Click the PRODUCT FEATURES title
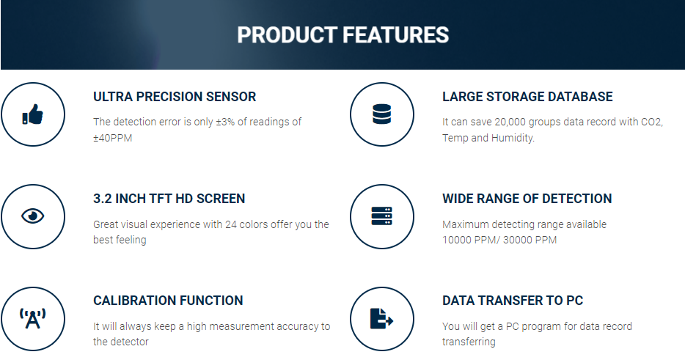[343, 35]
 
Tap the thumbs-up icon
[33, 114]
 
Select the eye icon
[33, 216]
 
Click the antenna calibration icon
[33, 318]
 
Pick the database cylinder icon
[382, 114]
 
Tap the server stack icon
[382, 216]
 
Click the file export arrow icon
[382, 318]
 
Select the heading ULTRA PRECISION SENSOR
[175, 97]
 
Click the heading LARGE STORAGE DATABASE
[527, 97]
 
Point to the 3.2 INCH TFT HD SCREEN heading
[169, 199]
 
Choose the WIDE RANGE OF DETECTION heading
[527, 199]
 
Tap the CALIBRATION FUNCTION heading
[168, 301]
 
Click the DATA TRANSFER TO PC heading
[513, 301]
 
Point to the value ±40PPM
[113, 138]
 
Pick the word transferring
[469, 342]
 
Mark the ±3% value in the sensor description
[225, 122]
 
